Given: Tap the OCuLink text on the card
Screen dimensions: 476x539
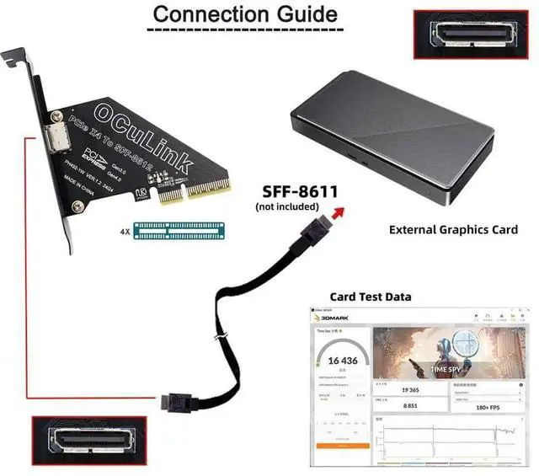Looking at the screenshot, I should tap(135, 131).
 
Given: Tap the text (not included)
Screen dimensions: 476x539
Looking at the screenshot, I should tap(286, 206).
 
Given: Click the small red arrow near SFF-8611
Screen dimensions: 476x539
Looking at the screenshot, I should tap(339, 212).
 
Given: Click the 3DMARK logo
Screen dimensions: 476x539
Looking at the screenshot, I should tap(332, 318).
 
